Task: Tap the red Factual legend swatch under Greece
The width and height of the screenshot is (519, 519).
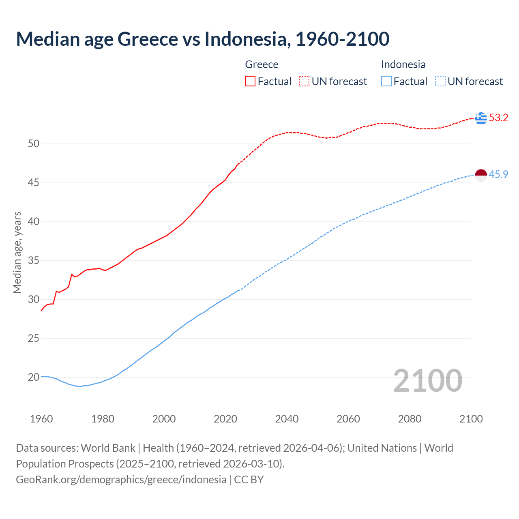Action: [x=250, y=81]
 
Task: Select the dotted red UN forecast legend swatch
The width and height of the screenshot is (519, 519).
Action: [x=304, y=81]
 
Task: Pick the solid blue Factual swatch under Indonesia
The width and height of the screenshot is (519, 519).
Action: [x=386, y=81]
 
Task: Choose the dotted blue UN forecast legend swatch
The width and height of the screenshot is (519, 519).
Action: [x=440, y=81]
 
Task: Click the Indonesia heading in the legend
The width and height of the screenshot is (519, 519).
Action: [x=403, y=64]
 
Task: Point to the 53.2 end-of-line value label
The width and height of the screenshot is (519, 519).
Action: [x=498, y=118]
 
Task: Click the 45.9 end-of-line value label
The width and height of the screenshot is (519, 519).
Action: [x=498, y=174]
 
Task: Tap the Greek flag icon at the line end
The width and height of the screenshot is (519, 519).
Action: [x=481, y=118]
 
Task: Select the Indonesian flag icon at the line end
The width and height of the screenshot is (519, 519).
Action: [x=481, y=175]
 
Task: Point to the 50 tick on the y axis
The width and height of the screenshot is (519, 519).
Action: [x=34, y=144]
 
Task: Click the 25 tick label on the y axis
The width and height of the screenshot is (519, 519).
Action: [x=34, y=338]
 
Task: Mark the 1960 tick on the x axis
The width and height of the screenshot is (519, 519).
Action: [x=41, y=419]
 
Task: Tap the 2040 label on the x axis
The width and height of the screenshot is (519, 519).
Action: [x=287, y=419]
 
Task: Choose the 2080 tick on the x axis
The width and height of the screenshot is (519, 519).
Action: [x=410, y=419]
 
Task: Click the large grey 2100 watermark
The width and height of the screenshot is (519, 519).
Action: [x=427, y=380]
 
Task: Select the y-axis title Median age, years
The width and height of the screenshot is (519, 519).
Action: [x=17, y=252]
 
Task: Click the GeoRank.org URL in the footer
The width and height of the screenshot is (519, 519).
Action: [x=121, y=480]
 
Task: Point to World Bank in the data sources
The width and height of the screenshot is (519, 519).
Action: [x=108, y=448]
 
